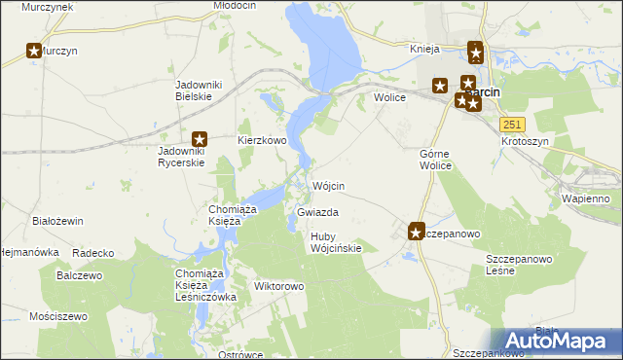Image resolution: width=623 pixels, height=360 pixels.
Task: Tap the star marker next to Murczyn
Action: pyautogui.click(x=35, y=51)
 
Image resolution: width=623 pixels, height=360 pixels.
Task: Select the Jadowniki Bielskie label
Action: pyautogui.click(x=199, y=90)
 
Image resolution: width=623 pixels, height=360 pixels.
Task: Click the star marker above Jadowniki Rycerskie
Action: pyautogui.click(x=201, y=139)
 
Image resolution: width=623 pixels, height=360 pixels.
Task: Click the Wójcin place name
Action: pyautogui.click(x=329, y=185)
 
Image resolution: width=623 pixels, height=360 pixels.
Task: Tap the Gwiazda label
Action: pyautogui.click(x=318, y=211)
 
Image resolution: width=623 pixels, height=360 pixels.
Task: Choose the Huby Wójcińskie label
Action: pyautogui.click(x=336, y=242)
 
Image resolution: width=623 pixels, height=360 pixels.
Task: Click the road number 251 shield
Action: pyautogui.click(x=513, y=124)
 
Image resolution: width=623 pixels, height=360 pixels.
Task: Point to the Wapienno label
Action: pyautogui.click(x=585, y=198)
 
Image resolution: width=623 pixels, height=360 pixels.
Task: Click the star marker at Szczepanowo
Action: pyautogui.click(x=416, y=232)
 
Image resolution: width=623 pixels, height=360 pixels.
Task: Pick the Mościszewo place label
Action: pyautogui.click(x=58, y=316)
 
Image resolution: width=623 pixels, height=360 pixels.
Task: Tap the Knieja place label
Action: pyautogui.click(x=425, y=48)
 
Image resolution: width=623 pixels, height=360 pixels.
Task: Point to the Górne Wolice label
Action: pyautogui.click(x=435, y=160)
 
